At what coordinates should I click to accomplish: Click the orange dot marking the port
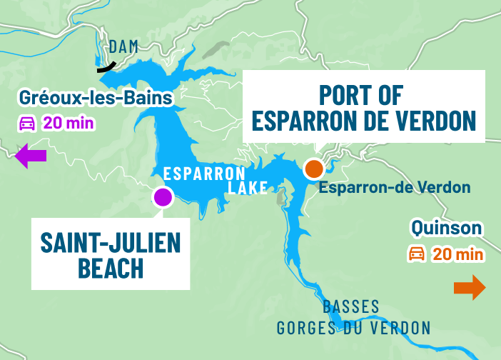313,169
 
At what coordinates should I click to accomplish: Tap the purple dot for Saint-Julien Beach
163,197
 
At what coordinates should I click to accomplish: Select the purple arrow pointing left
30,155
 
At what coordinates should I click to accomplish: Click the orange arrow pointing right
470,288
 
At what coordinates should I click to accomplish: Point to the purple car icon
26,123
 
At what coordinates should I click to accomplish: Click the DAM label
123,47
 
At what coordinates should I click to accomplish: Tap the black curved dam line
107,67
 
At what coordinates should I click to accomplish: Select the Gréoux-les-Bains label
96,98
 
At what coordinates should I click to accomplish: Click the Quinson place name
446,229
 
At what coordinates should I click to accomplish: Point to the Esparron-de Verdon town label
395,188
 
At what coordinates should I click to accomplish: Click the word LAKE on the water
248,188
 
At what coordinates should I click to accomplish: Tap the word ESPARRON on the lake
204,174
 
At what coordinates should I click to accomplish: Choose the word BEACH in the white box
111,269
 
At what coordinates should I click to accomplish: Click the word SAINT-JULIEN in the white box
111,244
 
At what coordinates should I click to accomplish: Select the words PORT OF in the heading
361,94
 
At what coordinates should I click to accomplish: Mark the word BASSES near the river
351,307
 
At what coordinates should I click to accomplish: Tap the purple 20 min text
69,123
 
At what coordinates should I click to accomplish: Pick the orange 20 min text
459,254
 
